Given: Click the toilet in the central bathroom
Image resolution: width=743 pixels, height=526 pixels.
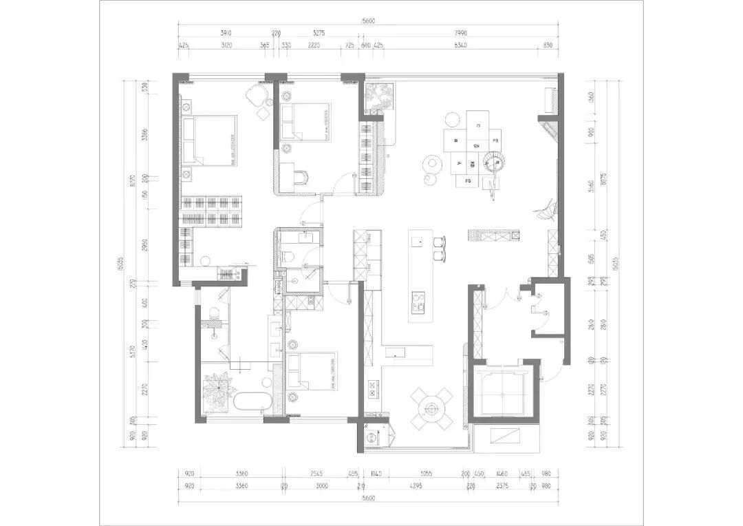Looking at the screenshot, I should coord(288,257).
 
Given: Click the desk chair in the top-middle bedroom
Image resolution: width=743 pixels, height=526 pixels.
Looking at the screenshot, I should coord(303,178).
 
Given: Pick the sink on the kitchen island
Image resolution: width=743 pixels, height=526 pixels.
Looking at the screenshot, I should coord(417,242).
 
